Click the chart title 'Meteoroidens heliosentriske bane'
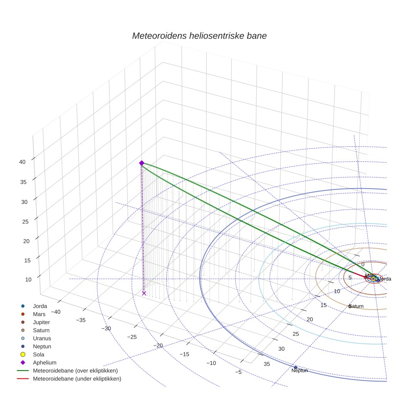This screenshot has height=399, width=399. point(199,36)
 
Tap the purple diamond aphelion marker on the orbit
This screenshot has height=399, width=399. point(142,163)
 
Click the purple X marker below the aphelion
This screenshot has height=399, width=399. point(144,293)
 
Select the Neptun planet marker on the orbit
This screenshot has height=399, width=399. point(296,367)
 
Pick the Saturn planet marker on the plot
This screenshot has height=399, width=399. point(350,306)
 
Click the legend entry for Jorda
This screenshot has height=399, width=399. point(40,306)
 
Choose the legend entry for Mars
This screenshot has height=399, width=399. point(39,314)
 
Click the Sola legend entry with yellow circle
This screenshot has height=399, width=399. point(39,355)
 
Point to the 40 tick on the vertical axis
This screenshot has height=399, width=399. point(22,162)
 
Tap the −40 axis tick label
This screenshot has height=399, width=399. point(55,312)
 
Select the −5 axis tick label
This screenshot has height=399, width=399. point(238,372)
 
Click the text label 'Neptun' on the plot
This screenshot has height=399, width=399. point(300,371)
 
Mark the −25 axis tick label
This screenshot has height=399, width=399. point(132,337)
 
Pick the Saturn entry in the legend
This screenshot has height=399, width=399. point(41,330)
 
